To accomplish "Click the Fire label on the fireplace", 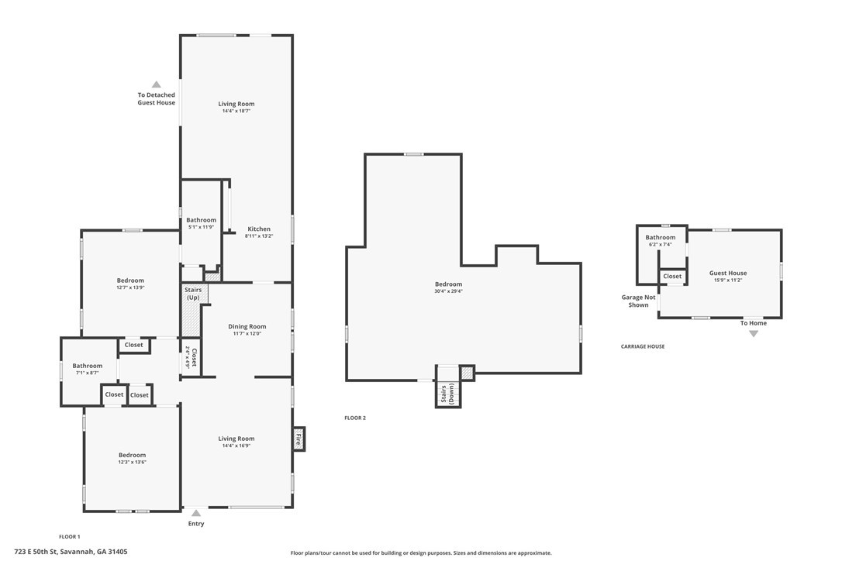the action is [x=298, y=439].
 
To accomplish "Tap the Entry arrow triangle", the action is [x=196, y=513].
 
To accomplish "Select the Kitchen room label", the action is [x=259, y=229].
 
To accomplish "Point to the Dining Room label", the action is [x=247, y=326].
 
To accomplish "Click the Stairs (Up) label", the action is [x=193, y=294].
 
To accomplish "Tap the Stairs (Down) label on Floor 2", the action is [x=447, y=394].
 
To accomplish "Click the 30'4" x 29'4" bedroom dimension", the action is [x=448, y=291].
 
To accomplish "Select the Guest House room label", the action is [x=728, y=273].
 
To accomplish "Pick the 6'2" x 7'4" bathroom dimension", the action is [x=661, y=244].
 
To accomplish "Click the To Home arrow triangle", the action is [x=754, y=333].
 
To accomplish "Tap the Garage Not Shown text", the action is [x=639, y=301].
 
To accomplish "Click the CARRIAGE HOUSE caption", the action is [x=643, y=346].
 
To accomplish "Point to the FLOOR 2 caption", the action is [x=355, y=418].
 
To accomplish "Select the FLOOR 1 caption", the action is [x=69, y=536].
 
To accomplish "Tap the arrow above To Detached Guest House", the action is [x=157, y=84].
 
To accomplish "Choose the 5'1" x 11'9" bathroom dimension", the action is [x=202, y=227].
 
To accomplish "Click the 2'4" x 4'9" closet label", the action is [x=188, y=356].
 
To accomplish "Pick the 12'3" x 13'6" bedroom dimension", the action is [x=132, y=463].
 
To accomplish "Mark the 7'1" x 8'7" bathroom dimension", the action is [x=88, y=373].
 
